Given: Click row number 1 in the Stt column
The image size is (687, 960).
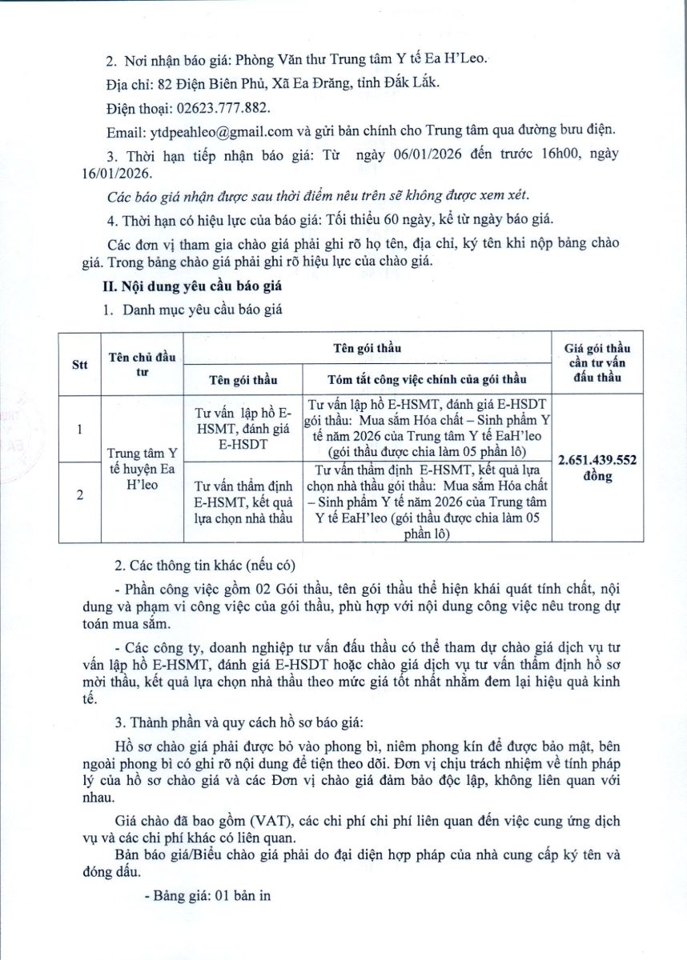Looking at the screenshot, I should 79,430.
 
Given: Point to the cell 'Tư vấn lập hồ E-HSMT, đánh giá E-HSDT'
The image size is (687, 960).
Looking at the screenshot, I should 243,430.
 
